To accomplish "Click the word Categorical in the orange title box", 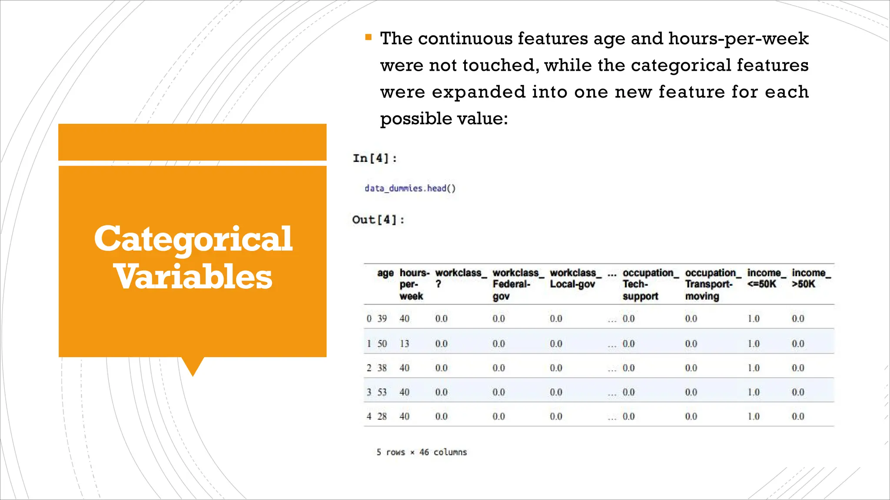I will pos(193,239).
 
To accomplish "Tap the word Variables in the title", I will pos(193,277).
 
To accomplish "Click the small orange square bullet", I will pos(369,37).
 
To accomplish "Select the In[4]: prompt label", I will pos(375,158).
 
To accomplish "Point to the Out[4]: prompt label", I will pos(378,220).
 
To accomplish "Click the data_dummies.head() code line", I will pos(410,188).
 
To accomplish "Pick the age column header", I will pos(385,273).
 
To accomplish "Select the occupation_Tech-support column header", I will pos(650,284).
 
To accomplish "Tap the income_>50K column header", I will pos(810,278).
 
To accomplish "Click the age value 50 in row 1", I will pos(382,344).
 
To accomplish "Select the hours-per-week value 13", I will pos(405,344).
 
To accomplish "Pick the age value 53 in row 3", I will pos(382,392).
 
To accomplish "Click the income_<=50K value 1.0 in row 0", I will pos(754,319).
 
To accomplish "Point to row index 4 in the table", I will pos(369,416).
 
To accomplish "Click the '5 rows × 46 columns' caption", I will pos(422,452).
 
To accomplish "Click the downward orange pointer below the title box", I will pos(193,366).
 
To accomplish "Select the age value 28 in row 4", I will pos(382,416).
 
